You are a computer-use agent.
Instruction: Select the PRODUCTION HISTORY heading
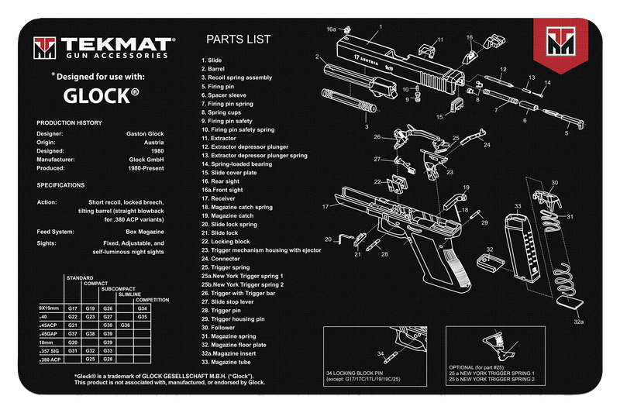click(x=71, y=123)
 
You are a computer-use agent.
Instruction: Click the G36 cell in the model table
click(x=126, y=325)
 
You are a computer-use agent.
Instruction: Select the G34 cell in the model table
click(x=142, y=308)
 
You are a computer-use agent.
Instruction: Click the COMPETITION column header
click(x=152, y=300)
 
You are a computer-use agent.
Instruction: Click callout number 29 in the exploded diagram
click(x=484, y=222)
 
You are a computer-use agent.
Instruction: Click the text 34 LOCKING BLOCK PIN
click(x=356, y=373)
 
